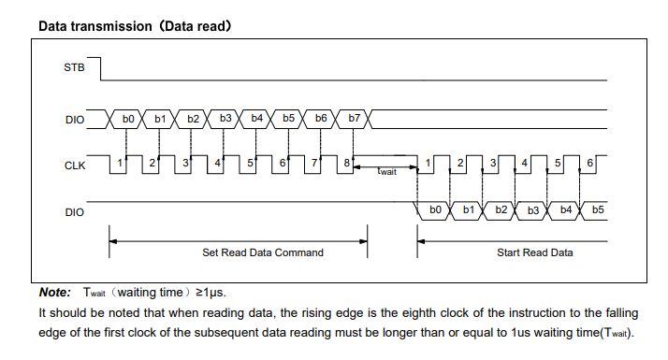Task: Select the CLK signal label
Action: [73, 165]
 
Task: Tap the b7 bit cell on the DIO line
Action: [354, 119]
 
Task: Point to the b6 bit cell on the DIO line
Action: [321, 119]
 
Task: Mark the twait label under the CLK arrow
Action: [386, 172]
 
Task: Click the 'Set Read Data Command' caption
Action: [263, 252]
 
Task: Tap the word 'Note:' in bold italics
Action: [54, 293]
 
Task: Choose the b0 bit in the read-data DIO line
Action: [435, 210]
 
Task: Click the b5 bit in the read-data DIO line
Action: [598, 210]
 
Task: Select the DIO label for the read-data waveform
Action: [73, 212]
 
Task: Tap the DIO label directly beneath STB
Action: [73, 119]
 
